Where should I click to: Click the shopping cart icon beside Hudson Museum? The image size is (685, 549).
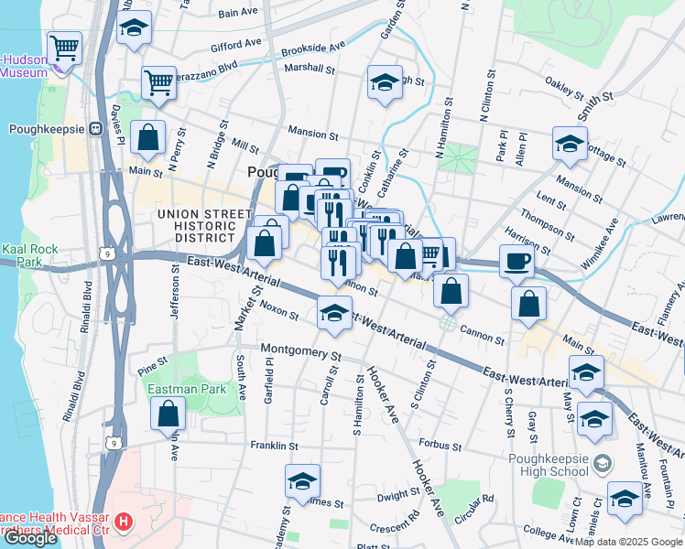point(64,47)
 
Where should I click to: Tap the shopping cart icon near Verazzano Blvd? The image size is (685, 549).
point(158,82)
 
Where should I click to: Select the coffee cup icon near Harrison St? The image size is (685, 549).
point(516,261)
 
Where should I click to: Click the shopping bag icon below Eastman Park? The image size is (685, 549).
point(169,414)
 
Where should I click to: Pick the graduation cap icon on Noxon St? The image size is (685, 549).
point(334,312)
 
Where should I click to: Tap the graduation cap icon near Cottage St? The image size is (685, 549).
point(570,144)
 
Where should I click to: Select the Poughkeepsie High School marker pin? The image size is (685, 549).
point(602,463)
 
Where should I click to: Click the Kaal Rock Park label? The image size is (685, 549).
point(29,255)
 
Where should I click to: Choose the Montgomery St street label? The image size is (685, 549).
point(300,350)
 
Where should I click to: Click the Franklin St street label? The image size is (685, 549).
point(275,446)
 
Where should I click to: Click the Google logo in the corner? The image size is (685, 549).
point(30,538)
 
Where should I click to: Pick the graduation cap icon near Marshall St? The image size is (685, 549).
point(385,82)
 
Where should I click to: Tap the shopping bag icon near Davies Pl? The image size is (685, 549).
point(147,138)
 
